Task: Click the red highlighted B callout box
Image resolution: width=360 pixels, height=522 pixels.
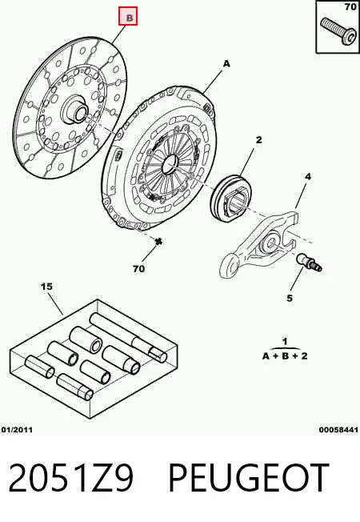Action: tap(128, 16)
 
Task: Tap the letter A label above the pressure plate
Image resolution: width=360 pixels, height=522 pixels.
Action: tap(226, 63)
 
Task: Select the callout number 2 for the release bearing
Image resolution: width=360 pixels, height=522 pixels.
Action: tap(259, 140)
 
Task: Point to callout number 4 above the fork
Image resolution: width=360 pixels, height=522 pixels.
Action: tap(308, 176)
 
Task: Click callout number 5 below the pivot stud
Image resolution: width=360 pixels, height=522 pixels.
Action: tap(290, 298)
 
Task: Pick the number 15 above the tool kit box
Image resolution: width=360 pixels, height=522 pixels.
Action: tap(46, 287)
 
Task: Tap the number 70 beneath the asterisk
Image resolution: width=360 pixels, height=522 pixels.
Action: tap(138, 268)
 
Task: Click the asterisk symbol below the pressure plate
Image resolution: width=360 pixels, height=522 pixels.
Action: tap(158, 242)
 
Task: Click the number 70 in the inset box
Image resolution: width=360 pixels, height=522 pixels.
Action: tap(350, 6)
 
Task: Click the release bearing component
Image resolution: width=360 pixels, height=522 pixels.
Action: tap(231, 198)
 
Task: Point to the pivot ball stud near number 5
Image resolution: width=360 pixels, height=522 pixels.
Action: tap(309, 262)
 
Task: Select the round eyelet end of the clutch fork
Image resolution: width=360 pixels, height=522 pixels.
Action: tap(230, 265)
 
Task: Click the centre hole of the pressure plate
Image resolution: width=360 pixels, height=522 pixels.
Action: tap(170, 164)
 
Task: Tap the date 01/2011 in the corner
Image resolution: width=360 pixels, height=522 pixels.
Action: tap(17, 430)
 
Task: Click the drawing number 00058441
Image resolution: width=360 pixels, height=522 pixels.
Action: tap(338, 430)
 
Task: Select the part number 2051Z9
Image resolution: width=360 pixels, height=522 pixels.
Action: tap(71, 477)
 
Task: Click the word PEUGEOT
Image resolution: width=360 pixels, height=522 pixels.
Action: tap(249, 477)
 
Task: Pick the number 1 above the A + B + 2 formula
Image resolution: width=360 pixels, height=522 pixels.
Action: tap(285, 342)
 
